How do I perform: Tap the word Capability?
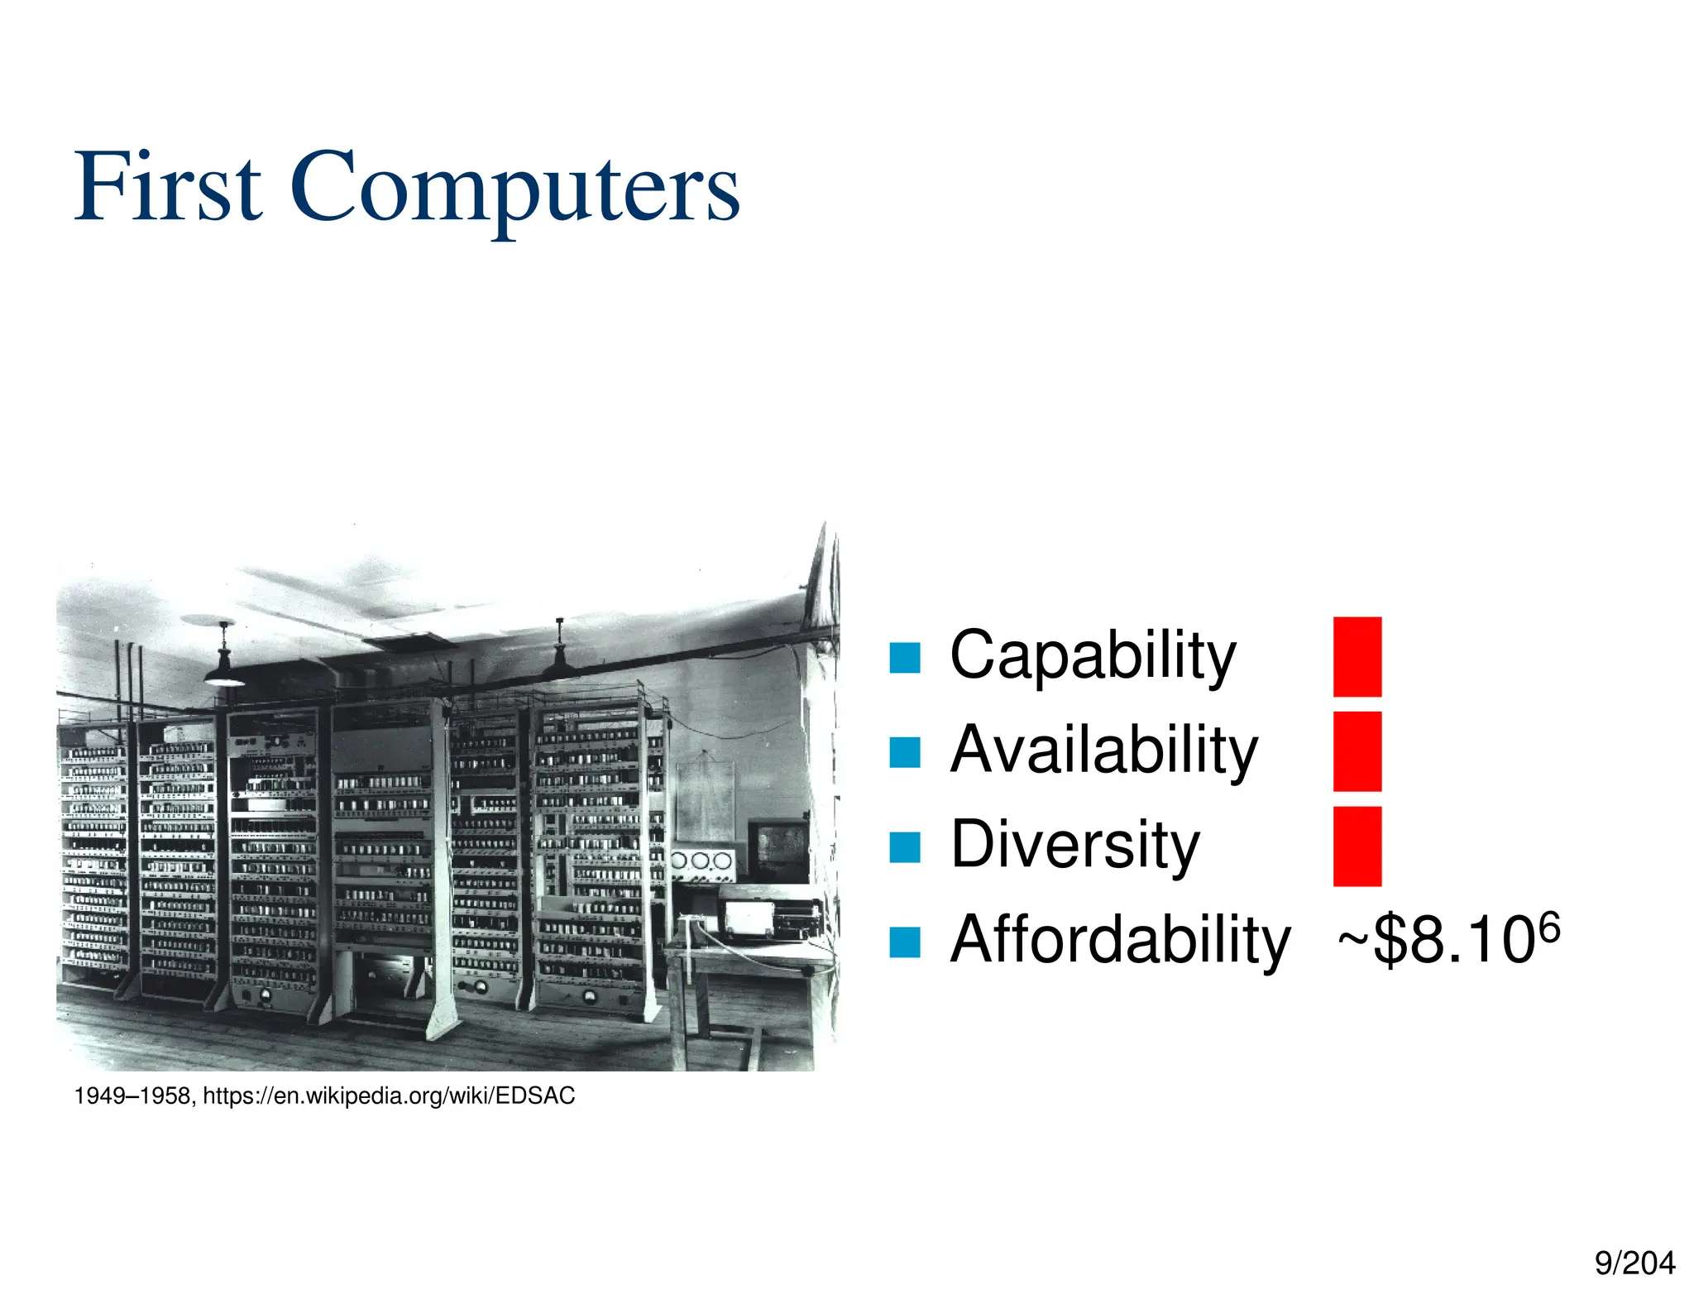(1092, 655)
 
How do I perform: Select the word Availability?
(1103, 750)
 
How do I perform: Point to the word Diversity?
(1074, 845)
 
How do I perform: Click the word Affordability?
(1120, 940)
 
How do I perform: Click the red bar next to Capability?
(1357, 656)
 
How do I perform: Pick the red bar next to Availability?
(1357, 751)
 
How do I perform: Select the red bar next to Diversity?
(1357, 846)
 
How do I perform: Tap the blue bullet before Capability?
(904, 658)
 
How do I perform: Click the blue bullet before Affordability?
(904, 942)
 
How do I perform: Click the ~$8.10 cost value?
(1436, 942)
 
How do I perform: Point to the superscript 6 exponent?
(1549, 927)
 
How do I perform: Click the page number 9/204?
(1634, 1263)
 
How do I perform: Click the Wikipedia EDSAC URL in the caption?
(389, 1096)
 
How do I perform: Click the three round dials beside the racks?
(701, 861)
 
